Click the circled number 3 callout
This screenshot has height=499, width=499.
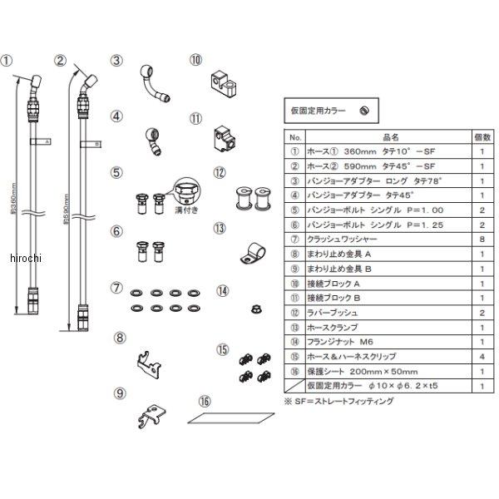117,60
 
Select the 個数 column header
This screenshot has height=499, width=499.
481,136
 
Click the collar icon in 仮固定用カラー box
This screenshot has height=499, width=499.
363,109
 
